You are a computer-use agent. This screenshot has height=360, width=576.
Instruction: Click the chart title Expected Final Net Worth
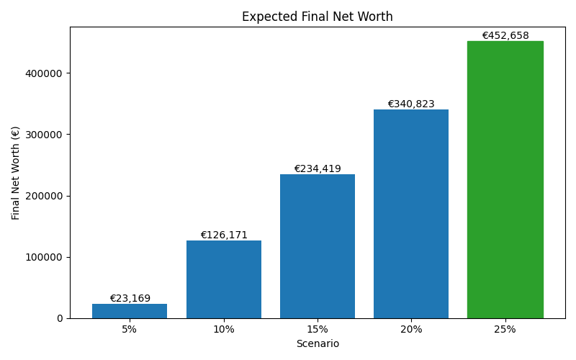pos(317,17)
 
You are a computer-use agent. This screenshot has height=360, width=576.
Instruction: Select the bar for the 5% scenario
pos(130,311)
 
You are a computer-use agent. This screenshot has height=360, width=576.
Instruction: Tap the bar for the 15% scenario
pos(317,246)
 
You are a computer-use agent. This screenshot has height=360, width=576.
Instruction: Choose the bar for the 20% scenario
pos(411,214)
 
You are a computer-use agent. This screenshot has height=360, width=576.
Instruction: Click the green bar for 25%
pos(505,179)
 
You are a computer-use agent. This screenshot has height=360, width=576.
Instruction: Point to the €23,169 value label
pos(130,298)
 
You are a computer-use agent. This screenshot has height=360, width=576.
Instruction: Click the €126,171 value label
pos(223,235)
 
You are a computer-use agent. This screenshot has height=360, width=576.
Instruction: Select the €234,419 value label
pos(317,168)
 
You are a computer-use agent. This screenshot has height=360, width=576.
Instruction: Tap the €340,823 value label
pos(411,104)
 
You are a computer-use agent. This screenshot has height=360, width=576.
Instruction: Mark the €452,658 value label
pos(505,35)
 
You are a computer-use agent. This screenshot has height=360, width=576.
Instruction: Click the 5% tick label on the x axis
pos(130,329)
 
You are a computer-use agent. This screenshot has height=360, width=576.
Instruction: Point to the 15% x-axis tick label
pos(317,329)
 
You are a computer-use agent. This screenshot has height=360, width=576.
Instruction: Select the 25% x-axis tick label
pos(505,329)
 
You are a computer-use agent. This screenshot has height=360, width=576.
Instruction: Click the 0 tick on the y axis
pos(59,318)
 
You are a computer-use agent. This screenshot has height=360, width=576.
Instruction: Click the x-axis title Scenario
pos(317,343)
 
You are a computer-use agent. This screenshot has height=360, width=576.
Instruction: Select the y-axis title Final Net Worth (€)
pos(16,173)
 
